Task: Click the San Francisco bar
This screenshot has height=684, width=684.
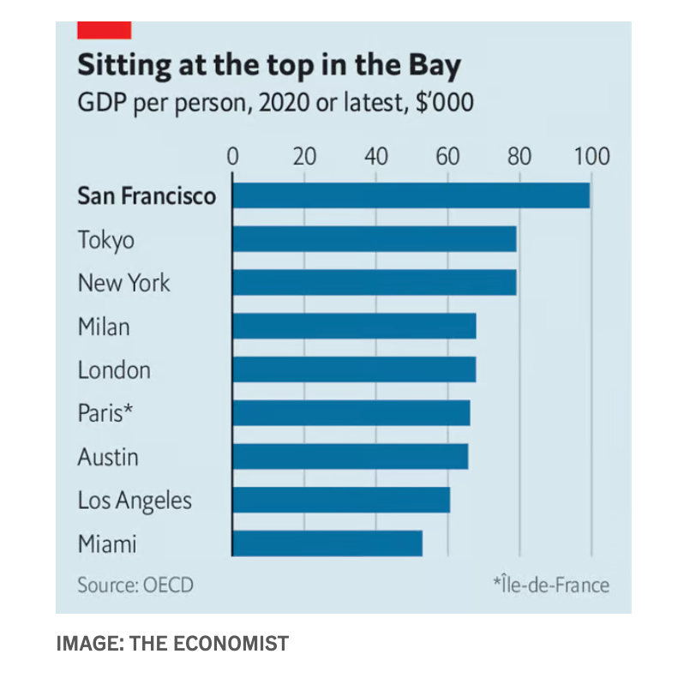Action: pyautogui.click(x=411, y=195)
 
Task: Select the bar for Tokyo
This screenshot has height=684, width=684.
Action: pyautogui.click(x=374, y=239)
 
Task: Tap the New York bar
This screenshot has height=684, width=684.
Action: pyautogui.click(x=374, y=283)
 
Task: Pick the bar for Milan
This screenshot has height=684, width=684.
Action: pyautogui.click(x=353, y=327)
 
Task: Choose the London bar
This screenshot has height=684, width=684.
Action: pyautogui.click(x=353, y=369)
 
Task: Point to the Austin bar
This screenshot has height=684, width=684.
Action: pyautogui.click(x=350, y=456)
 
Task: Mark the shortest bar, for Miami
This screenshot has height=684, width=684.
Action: pyautogui.click(x=327, y=543)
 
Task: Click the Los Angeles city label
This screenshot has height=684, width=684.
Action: pyautogui.click(x=135, y=501)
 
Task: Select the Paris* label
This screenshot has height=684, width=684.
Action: pyautogui.click(x=106, y=413)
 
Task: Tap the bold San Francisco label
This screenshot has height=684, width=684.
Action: pyautogui.click(x=147, y=196)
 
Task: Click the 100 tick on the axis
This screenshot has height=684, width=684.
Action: pyautogui.click(x=590, y=157)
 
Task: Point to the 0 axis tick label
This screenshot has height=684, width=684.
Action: pyautogui.click(x=232, y=157)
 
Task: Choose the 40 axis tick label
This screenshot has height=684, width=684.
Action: pyautogui.click(x=375, y=157)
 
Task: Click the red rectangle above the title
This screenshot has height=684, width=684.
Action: pyautogui.click(x=104, y=31)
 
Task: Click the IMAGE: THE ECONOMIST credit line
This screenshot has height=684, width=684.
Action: pyautogui.click(x=172, y=643)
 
